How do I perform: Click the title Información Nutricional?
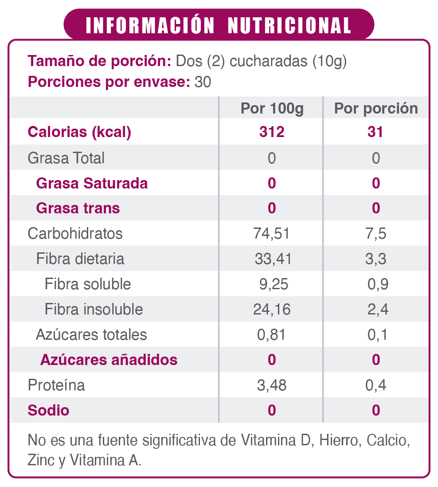[x=219, y=26]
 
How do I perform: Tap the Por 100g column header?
[x=272, y=109]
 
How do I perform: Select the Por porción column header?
[x=376, y=109]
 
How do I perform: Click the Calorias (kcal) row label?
[x=79, y=132]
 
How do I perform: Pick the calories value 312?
[x=272, y=132]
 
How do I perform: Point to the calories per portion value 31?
[x=375, y=132]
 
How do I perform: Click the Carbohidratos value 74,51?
[x=272, y=233]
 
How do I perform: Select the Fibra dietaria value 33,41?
[x=273, y=259]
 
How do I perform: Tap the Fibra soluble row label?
[x=88, y=284]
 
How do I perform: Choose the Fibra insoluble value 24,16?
[x=272, y=309]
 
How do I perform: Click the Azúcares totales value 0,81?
[x=272, y=334]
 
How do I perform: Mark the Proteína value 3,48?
[x=272, y=385]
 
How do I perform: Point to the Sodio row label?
[x=48, y=410]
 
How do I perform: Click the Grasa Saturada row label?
[x=92, y=183]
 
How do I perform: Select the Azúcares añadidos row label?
[x=109, y=360]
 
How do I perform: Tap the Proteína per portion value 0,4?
[x=376, y=385]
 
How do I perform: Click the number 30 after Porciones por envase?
[x=203, y=82]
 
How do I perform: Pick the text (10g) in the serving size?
[x=329, y=61]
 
